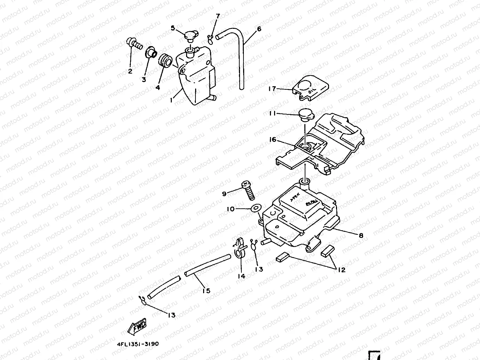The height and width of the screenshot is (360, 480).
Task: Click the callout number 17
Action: [x=272, y=89]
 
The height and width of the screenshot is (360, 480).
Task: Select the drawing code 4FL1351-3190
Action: [x=138, y=344]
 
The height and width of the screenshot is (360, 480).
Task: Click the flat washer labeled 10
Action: [x=256, y=208]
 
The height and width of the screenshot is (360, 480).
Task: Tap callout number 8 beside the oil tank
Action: [x=361, y=235]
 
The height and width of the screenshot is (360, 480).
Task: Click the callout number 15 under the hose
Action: [x=206, y=290]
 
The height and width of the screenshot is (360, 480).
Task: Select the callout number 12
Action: [x=342, y=270]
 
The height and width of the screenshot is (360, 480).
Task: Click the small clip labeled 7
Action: [x=210, y=39]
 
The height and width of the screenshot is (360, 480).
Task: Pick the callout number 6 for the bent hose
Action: [x=259, y=29]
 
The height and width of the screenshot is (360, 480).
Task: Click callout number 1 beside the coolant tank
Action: [x=171, y=100]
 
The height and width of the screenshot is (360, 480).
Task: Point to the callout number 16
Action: [x=272, y=139]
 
